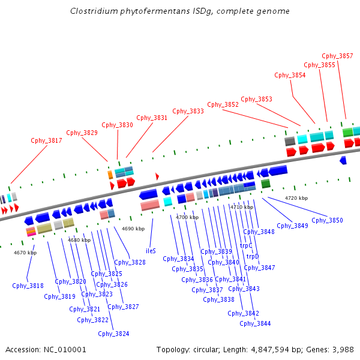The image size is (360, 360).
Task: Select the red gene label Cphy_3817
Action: tap(46, 141)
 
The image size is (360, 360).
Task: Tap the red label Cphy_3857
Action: tap(337, 56)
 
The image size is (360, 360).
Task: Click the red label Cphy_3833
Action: tap(188, 111)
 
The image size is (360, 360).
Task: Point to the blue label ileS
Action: tap(151, 251)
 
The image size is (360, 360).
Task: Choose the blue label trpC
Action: tap(246, 245)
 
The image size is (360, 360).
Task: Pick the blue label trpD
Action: tap(253, 257)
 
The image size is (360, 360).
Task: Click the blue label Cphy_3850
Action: tap(328, 221)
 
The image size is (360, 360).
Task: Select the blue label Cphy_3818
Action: tap(28, 286)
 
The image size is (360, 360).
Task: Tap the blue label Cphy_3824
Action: tap(113, 334)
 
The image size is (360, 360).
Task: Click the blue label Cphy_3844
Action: tap(255, 323)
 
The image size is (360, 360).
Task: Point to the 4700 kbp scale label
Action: tap(187, 217)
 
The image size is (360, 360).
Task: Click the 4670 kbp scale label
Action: tap(25, 253)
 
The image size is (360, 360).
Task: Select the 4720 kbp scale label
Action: tap(296, 198)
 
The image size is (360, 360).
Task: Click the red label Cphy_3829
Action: tap(82, 133)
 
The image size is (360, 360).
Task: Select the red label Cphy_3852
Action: tap(223, 104)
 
